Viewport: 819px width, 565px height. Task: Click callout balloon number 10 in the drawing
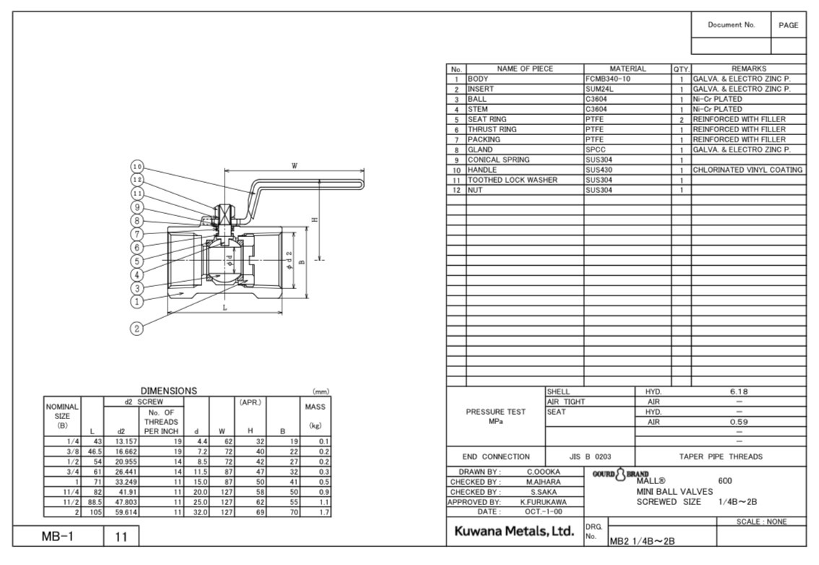coord(136,167)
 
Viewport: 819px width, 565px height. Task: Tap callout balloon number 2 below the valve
coord(136,328)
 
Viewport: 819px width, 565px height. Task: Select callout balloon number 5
coord(136,262)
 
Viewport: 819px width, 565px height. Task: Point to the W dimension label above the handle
coord(295,165)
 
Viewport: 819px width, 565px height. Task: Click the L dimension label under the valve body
coord(225,308)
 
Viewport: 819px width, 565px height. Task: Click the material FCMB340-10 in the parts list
coord(607,79)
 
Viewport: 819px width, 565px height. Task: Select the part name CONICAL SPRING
coord(498,160)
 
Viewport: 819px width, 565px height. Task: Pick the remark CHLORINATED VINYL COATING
coord(747,170)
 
